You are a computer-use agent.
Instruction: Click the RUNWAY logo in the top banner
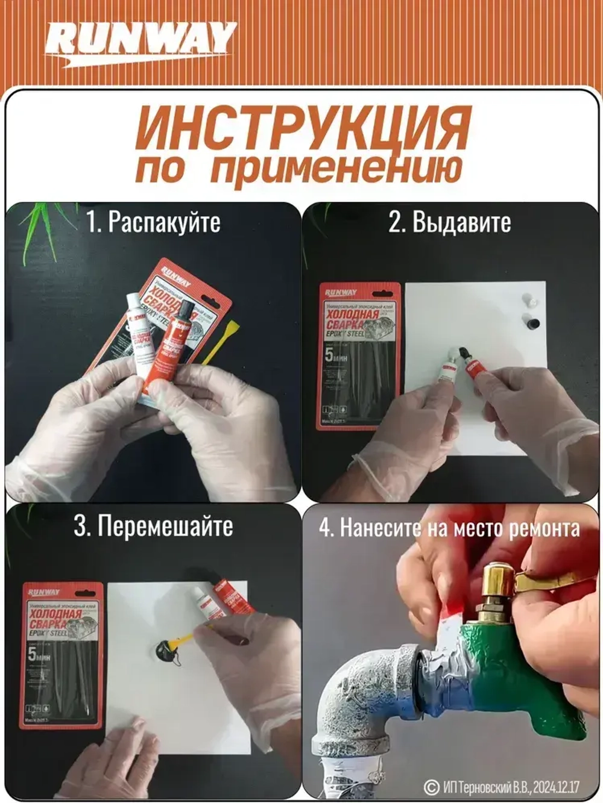pyautogui.click(x=140, y=41)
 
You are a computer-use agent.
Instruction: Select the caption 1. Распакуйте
pyautogui.click(x=153, y=222)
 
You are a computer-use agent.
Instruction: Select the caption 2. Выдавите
pyautogui.click(x=450, y=222)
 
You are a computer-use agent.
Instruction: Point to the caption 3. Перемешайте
pyautogui.click(x=153, y=526)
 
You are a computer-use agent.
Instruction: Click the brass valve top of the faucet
pyautogui.click(x=498, y=581)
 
